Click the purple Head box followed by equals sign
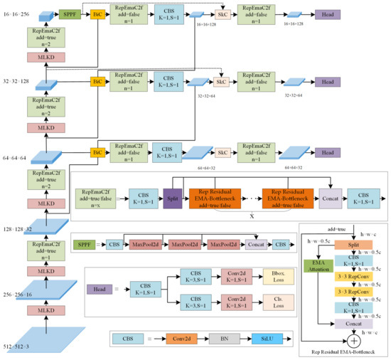[98, 290]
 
